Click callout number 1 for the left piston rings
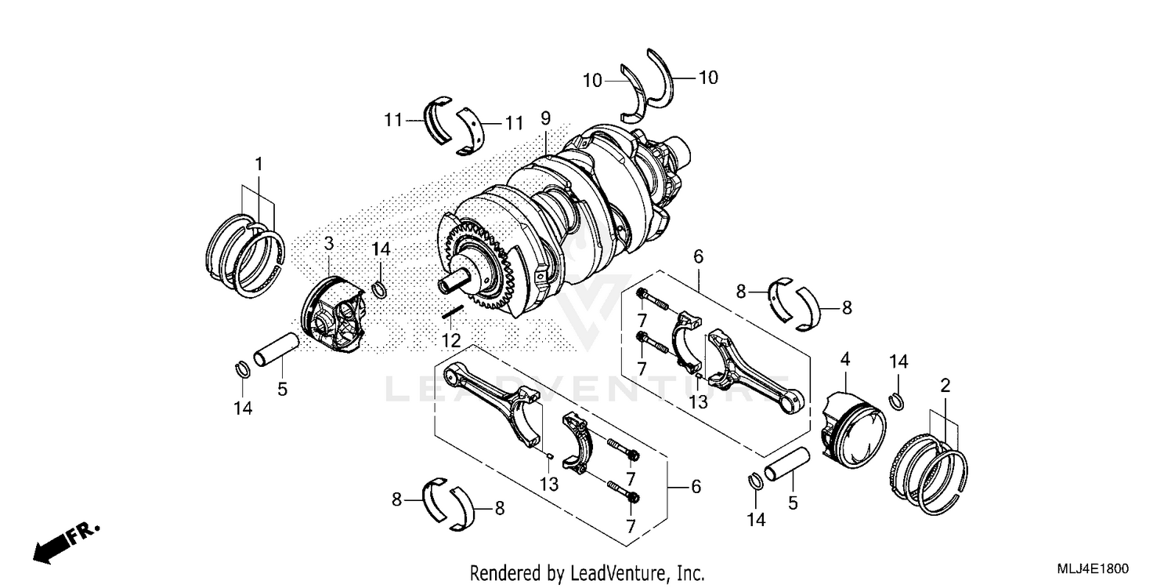click(258, 165)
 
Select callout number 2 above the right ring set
click(945, 385)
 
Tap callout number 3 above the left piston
click(329, 244)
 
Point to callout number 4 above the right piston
click(844, 360)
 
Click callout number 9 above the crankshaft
click(545, 118)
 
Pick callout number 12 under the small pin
click(450, 341)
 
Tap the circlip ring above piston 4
click(898, 401)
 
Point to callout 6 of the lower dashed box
click(695, 486)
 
